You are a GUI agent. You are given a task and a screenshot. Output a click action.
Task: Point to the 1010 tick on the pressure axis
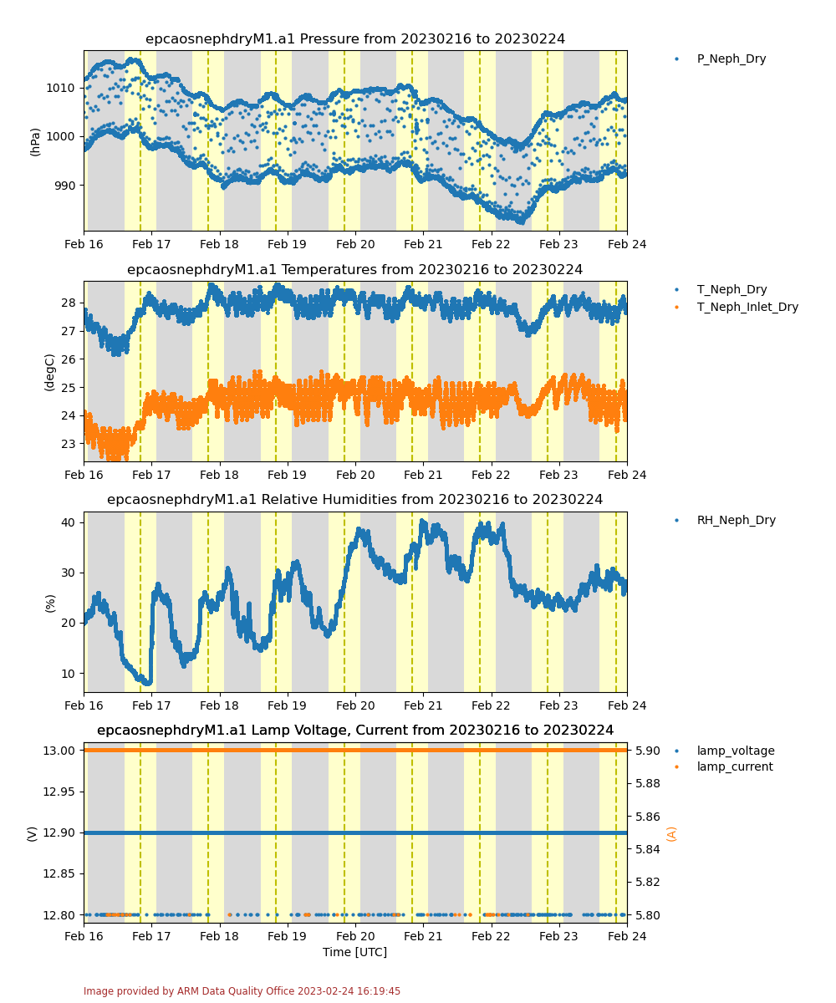(60, 88)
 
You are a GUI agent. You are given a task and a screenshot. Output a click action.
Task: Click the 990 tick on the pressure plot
(64, 186)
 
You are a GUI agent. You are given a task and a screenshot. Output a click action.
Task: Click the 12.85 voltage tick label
(59, 873)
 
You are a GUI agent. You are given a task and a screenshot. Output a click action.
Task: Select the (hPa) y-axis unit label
(35, 142)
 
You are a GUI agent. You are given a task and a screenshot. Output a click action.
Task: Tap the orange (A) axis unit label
(671, 833)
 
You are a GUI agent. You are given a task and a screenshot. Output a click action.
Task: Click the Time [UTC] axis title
(354, 952)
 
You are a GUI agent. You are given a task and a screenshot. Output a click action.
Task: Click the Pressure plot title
(355, 39)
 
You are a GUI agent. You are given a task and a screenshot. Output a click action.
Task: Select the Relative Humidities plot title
(355, 500)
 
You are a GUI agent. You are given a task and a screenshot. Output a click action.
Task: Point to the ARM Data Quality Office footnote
(242, 991)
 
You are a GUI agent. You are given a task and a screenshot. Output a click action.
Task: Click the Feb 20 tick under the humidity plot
(355, 705)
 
